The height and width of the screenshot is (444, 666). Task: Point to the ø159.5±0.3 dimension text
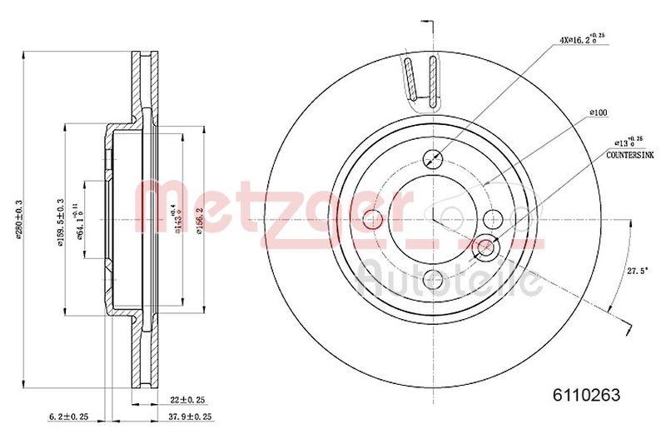[x=59, y=220]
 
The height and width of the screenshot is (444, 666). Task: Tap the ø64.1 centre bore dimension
[x=82, y=220]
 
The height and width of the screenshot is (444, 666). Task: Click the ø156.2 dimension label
[x=199, y=221]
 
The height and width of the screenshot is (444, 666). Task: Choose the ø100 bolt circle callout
[x=598, y=112]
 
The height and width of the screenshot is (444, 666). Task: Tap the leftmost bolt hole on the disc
[x=374, y=220]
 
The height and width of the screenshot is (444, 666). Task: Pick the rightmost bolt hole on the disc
[x=493, y=220]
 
